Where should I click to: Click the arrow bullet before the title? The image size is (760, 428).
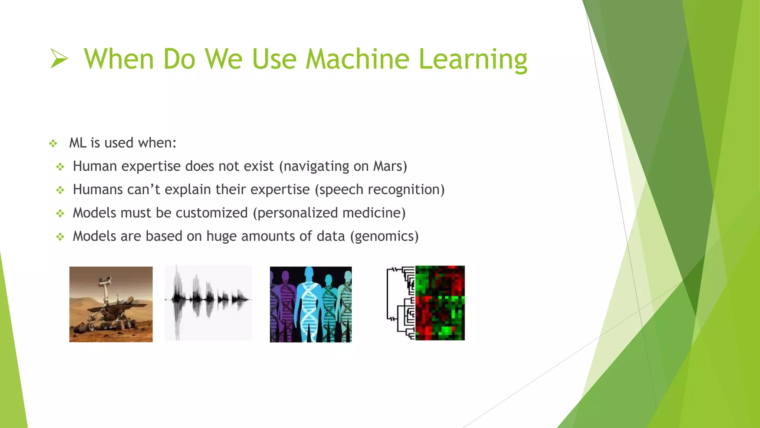point(59,59)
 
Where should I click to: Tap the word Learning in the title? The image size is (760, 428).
point(473,59)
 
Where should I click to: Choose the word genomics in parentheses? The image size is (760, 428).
point(384,237)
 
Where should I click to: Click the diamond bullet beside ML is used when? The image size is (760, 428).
point(53,143)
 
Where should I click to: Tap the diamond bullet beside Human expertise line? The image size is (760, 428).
point(60,167)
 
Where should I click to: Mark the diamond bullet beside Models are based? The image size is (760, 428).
point(60,237)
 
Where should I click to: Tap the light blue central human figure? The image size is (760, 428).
point(309,301)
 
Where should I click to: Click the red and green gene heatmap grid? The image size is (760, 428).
point(440,303)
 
